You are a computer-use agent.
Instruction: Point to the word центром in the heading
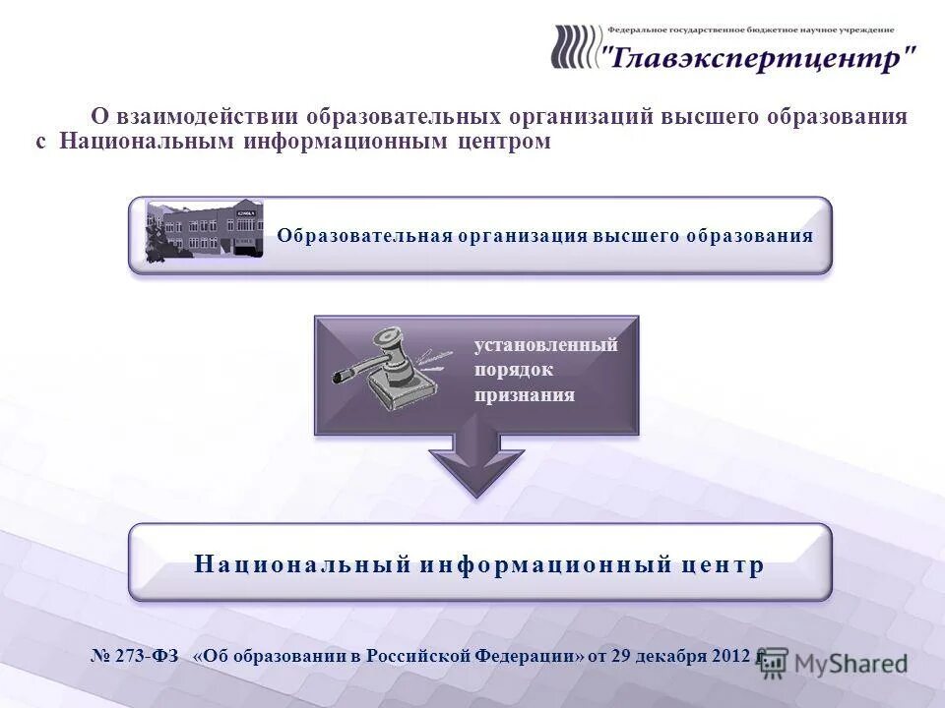pyautogui.click(x=503, y=142)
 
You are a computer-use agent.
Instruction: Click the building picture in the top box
pyautogui.click(x=205, y=230)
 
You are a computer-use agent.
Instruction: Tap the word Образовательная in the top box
pyautogui.click(x=363, y=236)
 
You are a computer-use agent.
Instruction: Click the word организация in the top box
pyautogui.click(x=522, y=236)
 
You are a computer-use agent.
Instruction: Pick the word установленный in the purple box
pyautogui.click(x=546, y=345)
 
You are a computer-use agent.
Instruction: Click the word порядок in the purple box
pyautogui.click(x=514, y=371)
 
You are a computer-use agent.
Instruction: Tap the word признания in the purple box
pyautogui.click(x=525, y=395)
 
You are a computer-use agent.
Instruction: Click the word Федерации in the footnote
pyautogui.click(x=528, y=657)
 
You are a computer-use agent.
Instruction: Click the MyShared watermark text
pyautogui.click(x=851, y=665)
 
